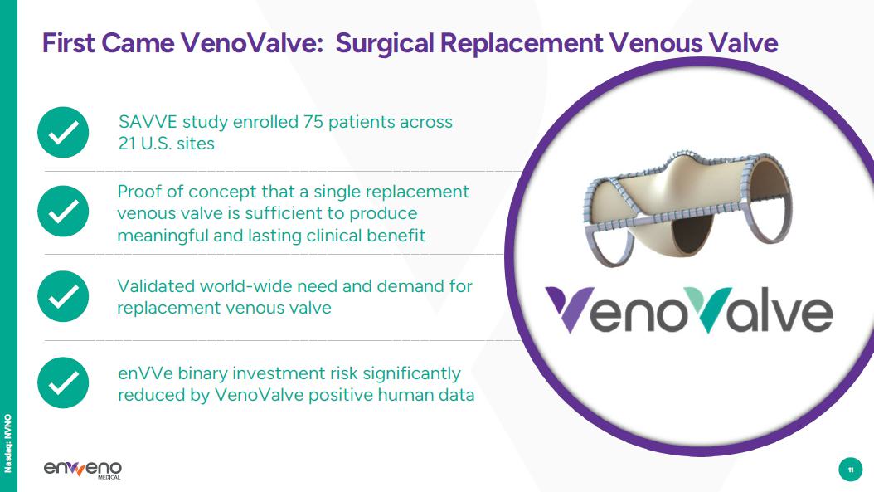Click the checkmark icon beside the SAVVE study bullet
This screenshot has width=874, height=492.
[x=63, y=132]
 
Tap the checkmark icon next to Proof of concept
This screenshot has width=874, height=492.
[x=63, y=212]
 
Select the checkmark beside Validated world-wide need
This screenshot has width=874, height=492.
[x=63, y=296]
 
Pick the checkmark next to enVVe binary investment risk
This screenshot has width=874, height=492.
[x=63, y=382]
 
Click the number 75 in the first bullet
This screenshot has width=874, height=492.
[x=313, y=122]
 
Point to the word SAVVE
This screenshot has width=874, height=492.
[x=148, y=122]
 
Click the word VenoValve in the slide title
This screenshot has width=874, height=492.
[x=251, y=43]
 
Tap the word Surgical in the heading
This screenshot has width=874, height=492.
[x=385, y=43]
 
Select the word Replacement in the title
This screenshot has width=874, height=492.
[x=522, y=43]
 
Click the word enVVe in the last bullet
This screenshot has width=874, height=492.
[x=145, y=373]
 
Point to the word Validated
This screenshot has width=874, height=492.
[x=156, y=286]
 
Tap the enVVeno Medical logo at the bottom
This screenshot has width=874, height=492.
[x=82, y=469]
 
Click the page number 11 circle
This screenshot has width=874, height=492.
[x=850, y=470]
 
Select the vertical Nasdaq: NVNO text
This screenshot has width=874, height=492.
[x=7, y=444]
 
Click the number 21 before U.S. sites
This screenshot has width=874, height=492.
[x=127, y=144]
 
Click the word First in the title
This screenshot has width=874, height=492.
[x=69, y=43]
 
